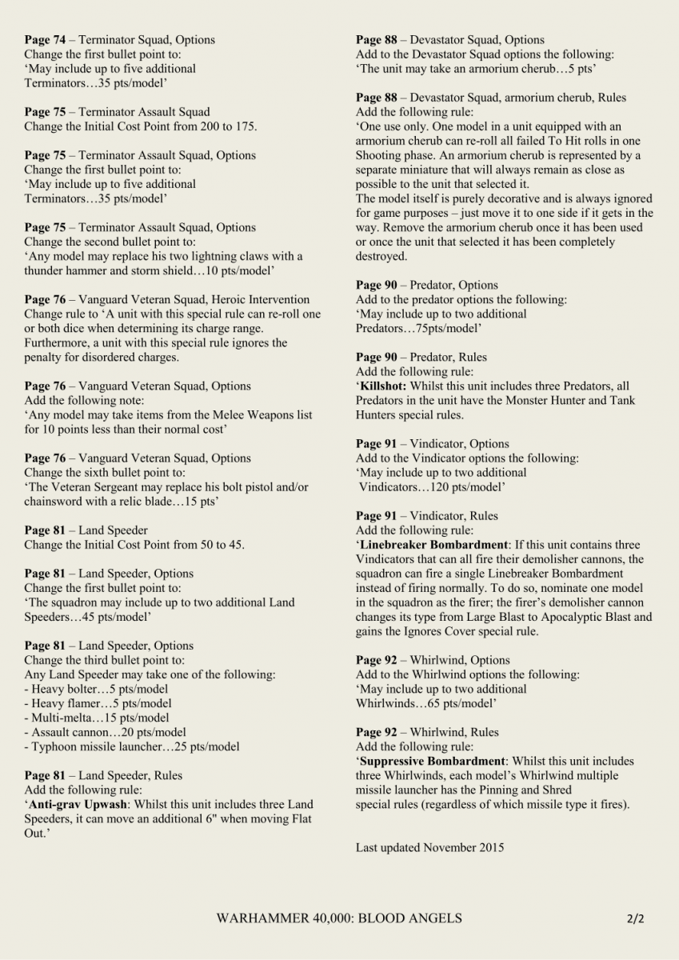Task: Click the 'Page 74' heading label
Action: [x=45, y=40]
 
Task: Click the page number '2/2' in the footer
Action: [x=636, y=918]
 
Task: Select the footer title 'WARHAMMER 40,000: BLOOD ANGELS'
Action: [x=339, y=918]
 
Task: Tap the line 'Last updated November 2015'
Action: [x=429, y=847]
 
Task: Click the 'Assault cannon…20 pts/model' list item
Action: [x=106, y=732]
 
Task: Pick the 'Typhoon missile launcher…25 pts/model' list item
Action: [x=132, y=746]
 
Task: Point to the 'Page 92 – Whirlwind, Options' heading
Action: [x=433, y=660]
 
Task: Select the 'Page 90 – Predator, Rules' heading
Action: [x=421, y=357]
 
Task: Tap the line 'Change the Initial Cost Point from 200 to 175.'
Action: [x=141, y=126]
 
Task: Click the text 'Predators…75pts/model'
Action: [x=419, y=328]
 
